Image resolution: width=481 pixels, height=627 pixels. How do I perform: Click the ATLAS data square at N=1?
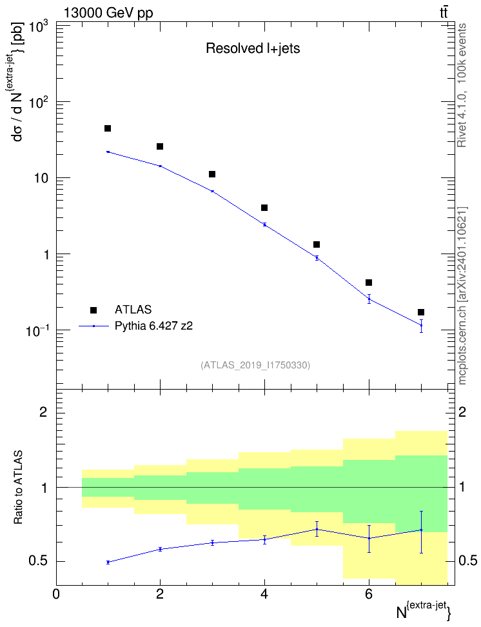[108, 128]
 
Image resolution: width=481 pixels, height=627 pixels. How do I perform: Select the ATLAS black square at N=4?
[264, 208]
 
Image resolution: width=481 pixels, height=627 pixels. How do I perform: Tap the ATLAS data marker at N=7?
[421, 312]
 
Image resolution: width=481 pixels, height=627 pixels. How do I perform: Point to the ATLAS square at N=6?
[369, 283]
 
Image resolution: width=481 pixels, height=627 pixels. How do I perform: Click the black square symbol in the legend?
[93, 310]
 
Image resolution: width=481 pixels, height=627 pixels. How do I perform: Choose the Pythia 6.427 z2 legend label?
[153, 326]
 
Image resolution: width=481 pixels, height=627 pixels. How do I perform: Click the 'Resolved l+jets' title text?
[253, 48]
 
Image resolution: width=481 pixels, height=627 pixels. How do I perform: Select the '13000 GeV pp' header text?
[108, 13]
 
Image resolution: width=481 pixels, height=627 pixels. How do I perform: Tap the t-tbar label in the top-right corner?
[444, 13]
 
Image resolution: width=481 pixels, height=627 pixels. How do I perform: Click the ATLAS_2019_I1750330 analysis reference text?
[255, 364]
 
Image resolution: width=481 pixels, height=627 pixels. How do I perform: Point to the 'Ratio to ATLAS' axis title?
[18, 488]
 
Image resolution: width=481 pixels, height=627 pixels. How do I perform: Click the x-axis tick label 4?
[264, 594]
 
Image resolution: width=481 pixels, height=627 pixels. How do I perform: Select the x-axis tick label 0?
[56, 594]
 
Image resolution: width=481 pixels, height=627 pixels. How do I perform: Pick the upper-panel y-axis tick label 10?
[41, 178]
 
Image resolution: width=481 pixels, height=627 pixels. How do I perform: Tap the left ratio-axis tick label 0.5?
[39, 561]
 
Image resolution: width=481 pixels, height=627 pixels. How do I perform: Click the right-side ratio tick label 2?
[462, 412]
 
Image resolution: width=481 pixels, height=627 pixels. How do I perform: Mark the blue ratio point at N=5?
[317, 529]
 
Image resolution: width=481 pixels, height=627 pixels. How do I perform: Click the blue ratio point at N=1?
[108, 562]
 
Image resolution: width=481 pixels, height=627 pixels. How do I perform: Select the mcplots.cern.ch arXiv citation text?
[462, 296]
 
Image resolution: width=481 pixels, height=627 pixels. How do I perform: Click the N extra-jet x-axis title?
[424, 611]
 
